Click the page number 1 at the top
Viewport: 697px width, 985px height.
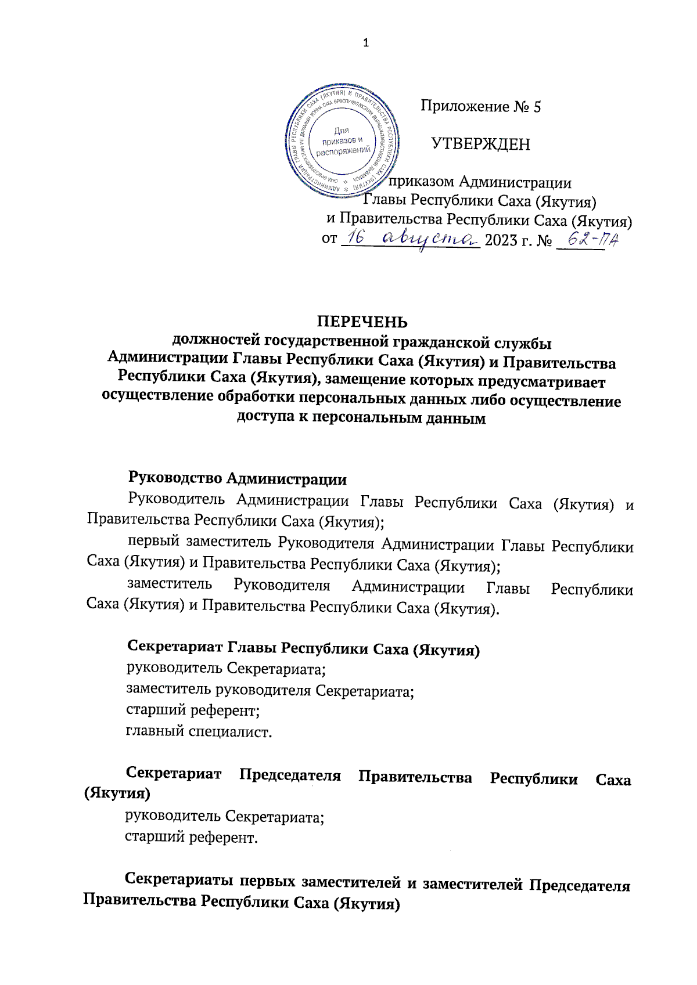tap(365, 43)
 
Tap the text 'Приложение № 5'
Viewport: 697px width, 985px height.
tap(480, 107)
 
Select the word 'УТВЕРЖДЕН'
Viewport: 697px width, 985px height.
tap(480, 144)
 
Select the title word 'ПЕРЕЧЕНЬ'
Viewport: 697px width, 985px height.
tap(362, 322)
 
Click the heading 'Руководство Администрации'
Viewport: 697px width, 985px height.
tap(237, 479)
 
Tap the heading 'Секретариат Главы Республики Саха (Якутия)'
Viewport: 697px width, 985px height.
tap(303, 649)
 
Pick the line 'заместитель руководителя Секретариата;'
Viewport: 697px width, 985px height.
tap(270, 691)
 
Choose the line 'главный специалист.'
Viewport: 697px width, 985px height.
tap(199, 731)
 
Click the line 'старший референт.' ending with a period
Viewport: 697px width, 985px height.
tap(191, 838)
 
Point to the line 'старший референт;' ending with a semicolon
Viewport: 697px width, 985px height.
tap(192, 710)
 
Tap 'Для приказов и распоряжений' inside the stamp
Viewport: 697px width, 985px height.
tap(343, 140)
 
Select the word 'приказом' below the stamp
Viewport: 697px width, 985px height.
tap(422, 182)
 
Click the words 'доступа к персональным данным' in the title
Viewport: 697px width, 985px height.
tap(361, 418)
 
